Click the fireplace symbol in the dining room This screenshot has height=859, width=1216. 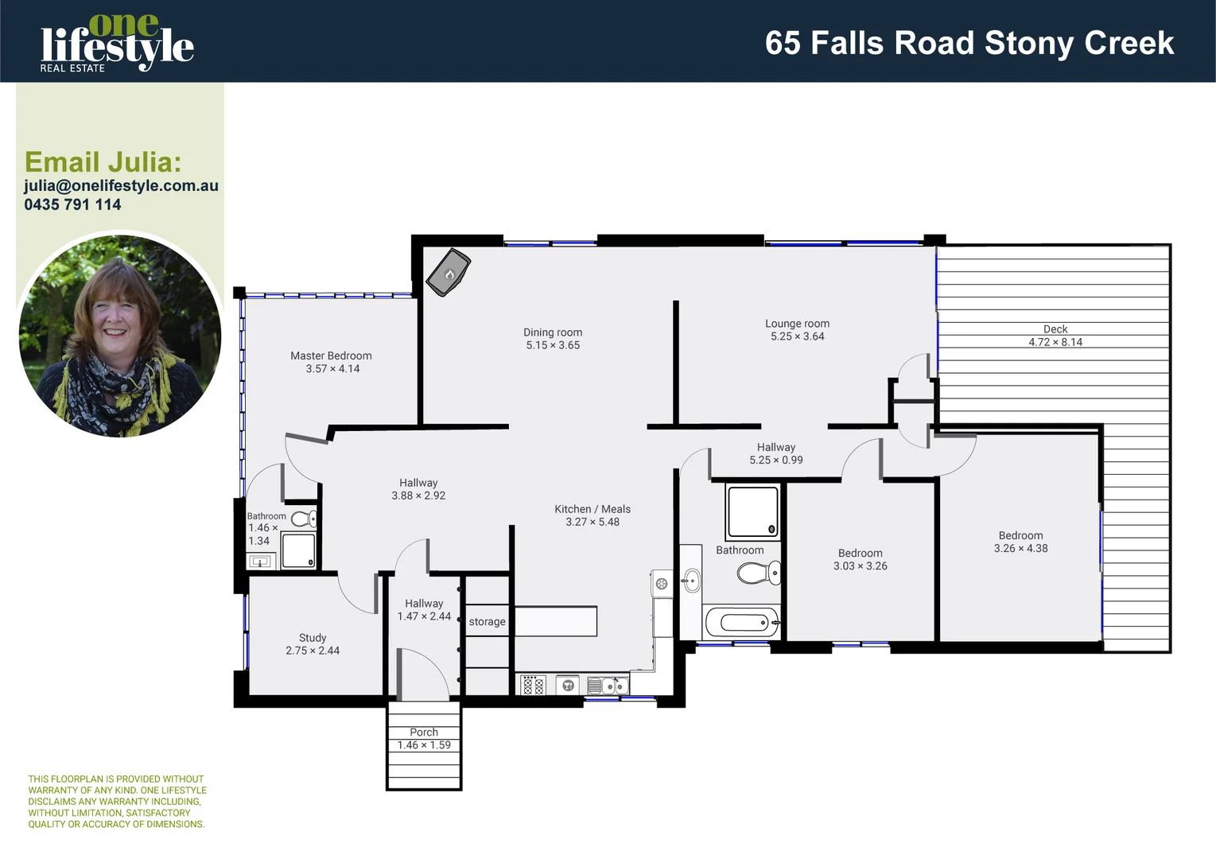pos(449,273)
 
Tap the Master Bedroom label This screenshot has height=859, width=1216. pos(331,356)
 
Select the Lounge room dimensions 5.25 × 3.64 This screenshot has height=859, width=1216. pos(797,336)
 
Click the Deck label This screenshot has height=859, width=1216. pos(1055,328)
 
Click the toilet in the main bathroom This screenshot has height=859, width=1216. pos(757,573)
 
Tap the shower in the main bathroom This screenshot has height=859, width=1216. pos(752,512)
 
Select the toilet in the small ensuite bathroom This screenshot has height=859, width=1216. pos(303,519)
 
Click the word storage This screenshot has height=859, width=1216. pos(487,622)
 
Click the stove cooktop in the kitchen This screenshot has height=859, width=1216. pos(534,685)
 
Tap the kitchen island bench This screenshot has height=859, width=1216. pos(556,621)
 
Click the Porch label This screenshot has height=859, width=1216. pos(424,732)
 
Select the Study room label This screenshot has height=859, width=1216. pos(313,638)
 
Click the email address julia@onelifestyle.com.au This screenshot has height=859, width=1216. pos(121,185)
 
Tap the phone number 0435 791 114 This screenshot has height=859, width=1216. pos(72,204)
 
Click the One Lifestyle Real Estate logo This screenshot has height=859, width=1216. pos(117,44)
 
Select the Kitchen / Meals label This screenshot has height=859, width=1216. pos(592,509)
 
